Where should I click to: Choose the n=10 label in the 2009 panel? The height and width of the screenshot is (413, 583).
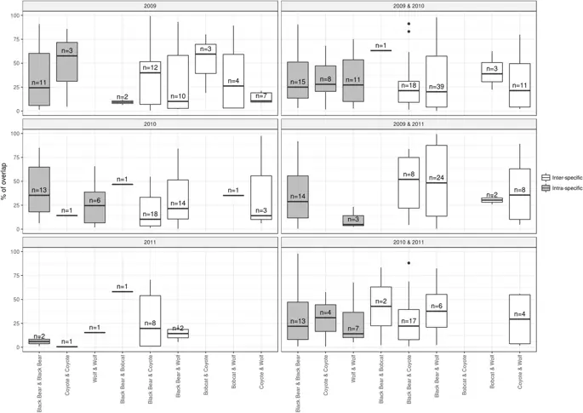pyautogui.click(x=179, y=96)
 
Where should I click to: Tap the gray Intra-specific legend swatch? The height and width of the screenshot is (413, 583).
pyautogui.click(x=533, y=190)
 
